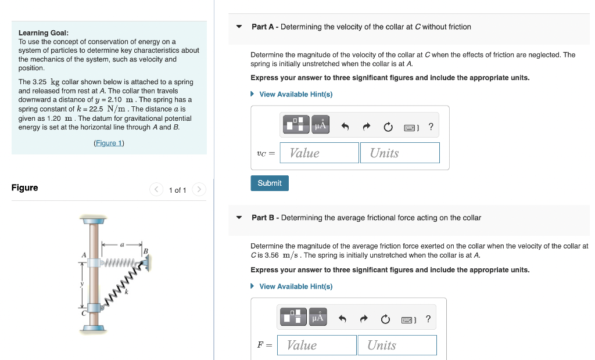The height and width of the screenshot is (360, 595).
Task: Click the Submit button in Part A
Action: [270, 183]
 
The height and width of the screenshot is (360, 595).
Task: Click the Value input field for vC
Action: [319, 153]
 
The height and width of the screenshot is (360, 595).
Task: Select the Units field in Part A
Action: [399, 153]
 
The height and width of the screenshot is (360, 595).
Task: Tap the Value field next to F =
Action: [317, 345]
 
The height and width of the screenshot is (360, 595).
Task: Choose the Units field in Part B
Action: [397, 345]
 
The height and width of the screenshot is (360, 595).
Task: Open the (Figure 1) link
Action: [109, 143]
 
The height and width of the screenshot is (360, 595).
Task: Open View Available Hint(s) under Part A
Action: [296, 94]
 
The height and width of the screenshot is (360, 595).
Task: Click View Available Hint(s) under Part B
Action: [296, 286]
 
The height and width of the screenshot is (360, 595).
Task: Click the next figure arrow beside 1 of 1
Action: [199, 190]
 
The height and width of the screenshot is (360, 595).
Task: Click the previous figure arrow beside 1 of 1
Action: [156, 190]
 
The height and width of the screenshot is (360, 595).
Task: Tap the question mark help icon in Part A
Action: [431, 127]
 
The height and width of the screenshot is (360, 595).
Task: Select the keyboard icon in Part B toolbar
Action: [408, 319]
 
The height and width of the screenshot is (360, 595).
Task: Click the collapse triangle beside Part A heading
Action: [239, 27]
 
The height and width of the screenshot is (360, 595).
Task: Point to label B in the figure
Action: [146, 251]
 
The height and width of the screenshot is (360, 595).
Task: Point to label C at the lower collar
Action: [84, 312]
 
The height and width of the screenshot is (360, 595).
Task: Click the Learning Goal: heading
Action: [43, 33]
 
